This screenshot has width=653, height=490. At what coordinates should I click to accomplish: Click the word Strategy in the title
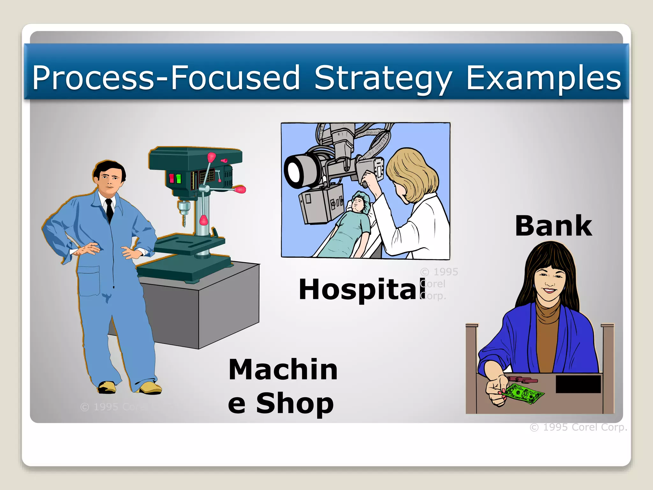click(x=383, y=78)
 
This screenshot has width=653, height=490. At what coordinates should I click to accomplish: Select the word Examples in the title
click(x=543, y=78)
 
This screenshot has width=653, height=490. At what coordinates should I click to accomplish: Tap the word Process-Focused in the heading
click(x=166, y=78)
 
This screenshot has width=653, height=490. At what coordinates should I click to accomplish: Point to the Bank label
click(x=554, y=226)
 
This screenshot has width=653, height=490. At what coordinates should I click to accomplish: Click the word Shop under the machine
click(x=295, y=403)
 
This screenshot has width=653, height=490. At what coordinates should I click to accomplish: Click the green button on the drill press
click(x=179, y=179)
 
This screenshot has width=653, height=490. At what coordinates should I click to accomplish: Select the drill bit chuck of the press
click(x=183, y=209)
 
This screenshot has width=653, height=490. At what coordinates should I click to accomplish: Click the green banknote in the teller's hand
click(x=523, y=393)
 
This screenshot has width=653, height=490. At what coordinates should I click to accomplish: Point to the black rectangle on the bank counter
click(x=578, y=384)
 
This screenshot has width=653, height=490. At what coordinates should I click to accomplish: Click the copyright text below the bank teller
click(x=578, y=427)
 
